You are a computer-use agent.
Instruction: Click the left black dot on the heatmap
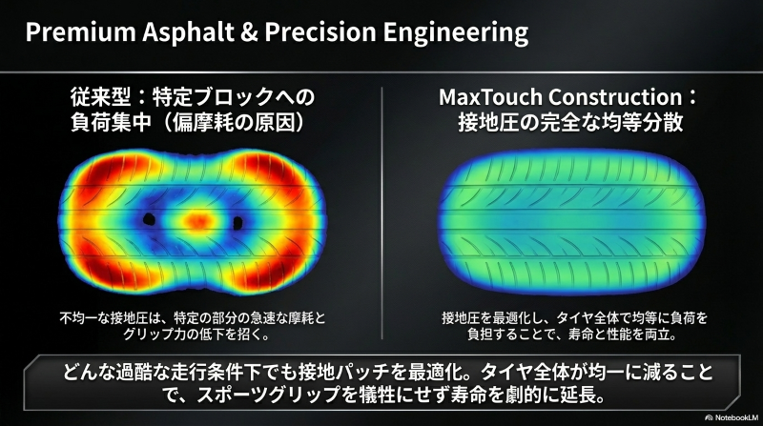(x=149, y=220)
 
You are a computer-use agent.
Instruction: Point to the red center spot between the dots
(x=196, y=221)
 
